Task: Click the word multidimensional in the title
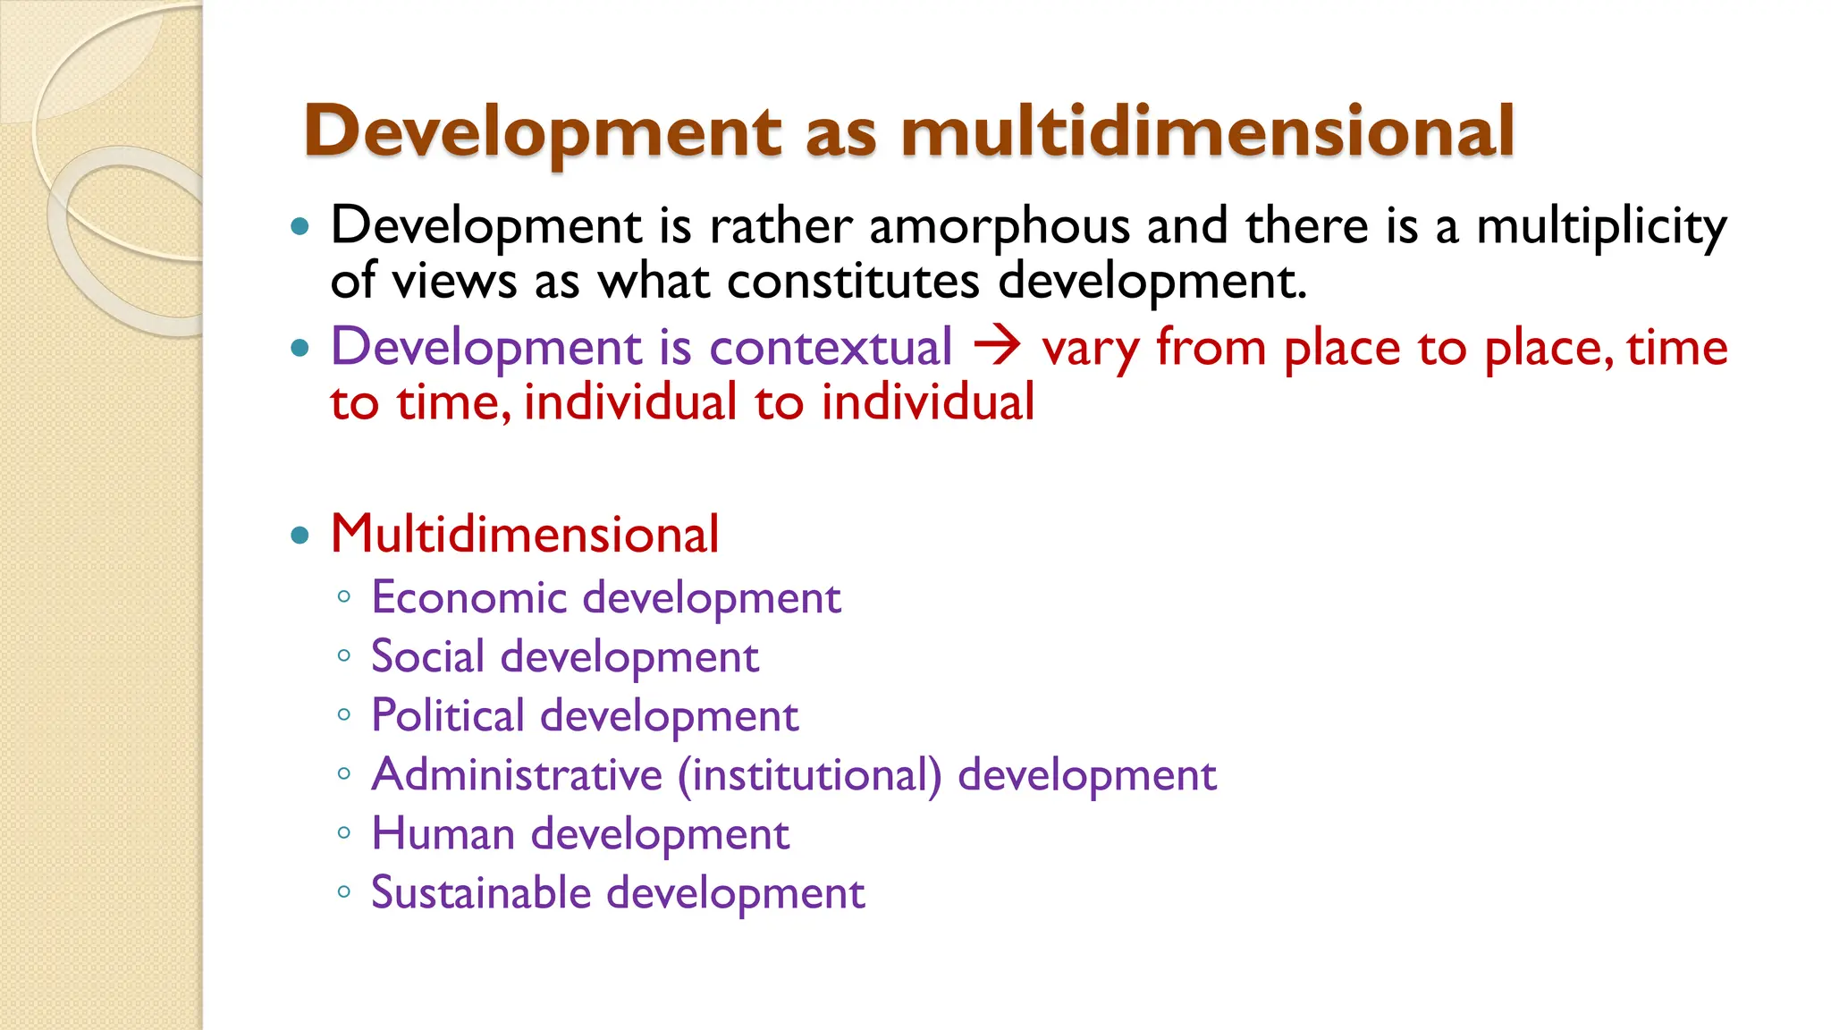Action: (x=1207, y=131)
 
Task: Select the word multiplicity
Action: (x=1601, y=226)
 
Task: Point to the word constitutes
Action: (x=853, y=281)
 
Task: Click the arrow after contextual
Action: (x=997, y=346)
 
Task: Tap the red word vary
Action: (x=1090, y=349)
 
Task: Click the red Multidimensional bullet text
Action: (x=525, y=535)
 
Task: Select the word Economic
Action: (x=468, y=597)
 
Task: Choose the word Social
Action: (x=427, y=656)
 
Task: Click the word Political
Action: (x=447, y=715)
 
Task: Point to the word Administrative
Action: (x=517, y=774)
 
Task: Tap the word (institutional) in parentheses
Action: (x=810, y=775)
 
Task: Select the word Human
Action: (x=443, y=833)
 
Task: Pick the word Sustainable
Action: (x=481, y=892)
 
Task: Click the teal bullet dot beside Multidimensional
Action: (x=300, y=536)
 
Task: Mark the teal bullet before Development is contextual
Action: (x=300, y=348)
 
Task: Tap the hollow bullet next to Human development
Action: (x=344, y=832)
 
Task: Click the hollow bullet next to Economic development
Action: (x=344, y=596)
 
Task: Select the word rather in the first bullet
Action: (x=780, y=226)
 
